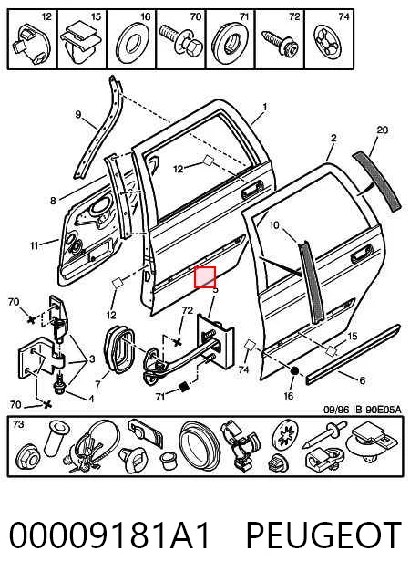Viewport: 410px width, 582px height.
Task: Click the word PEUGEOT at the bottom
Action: [x=323, y=535]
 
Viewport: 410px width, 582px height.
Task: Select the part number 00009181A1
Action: [x=109, y=535]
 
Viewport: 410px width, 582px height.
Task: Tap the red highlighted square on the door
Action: [x=205, y=277]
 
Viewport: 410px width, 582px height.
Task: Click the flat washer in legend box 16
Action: [x=131, y=45]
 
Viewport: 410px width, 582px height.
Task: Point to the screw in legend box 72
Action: [x=281, y=43]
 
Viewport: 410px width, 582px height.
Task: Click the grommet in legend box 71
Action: [x=231, y=42]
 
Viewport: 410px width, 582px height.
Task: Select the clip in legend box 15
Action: [x=80, y=42]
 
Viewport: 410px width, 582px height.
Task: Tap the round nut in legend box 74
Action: [x=327, y=42]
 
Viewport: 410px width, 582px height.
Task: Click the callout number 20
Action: [x=382, y=130]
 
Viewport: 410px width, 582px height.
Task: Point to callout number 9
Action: [x=77, y=114]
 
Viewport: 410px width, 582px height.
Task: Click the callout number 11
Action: [x=34, y=245]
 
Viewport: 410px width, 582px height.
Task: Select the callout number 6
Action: [x=363, y=380]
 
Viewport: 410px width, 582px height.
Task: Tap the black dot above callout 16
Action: [x=294, y=370]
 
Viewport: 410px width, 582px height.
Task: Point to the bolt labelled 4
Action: [x=60, y=385]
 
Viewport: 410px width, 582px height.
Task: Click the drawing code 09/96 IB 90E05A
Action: [x=363, y=410]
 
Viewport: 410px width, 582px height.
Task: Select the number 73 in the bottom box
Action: [x=18, y=424]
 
